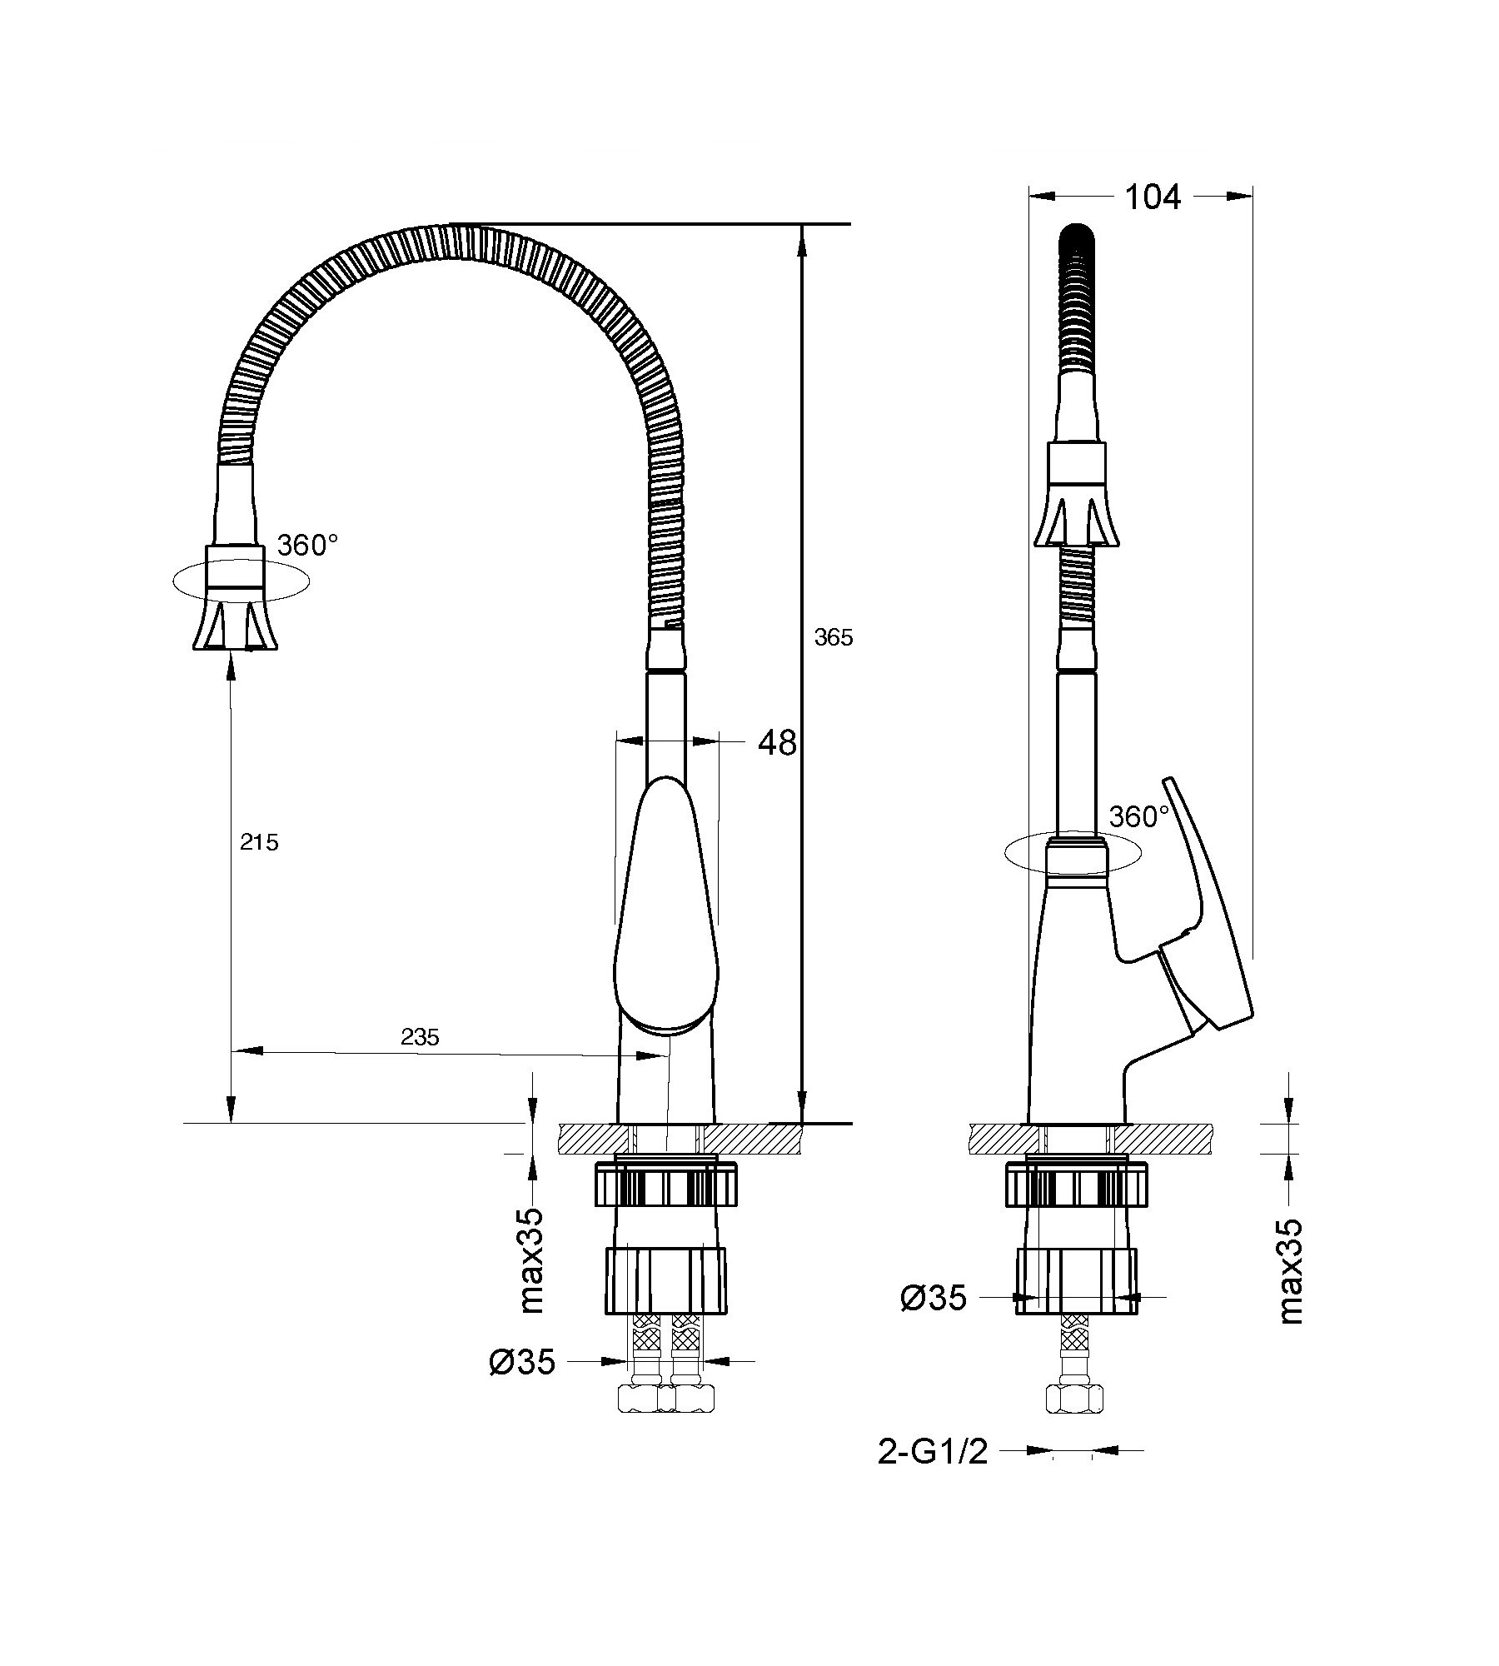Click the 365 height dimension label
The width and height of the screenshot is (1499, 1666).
click(834, 638)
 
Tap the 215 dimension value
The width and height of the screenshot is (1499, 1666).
click(259, 843)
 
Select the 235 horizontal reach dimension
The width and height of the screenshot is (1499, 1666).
click(420, 1037)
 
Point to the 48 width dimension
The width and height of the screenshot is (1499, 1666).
click(777, 742)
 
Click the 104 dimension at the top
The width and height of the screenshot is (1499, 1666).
click(1153, 197)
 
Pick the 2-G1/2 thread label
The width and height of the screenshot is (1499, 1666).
click(933, 1453)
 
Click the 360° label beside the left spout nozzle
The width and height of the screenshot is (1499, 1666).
click(307, 546)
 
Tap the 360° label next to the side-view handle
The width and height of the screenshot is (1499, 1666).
click(1139, 817)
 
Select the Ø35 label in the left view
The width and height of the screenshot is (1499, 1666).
click(522, 1362)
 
